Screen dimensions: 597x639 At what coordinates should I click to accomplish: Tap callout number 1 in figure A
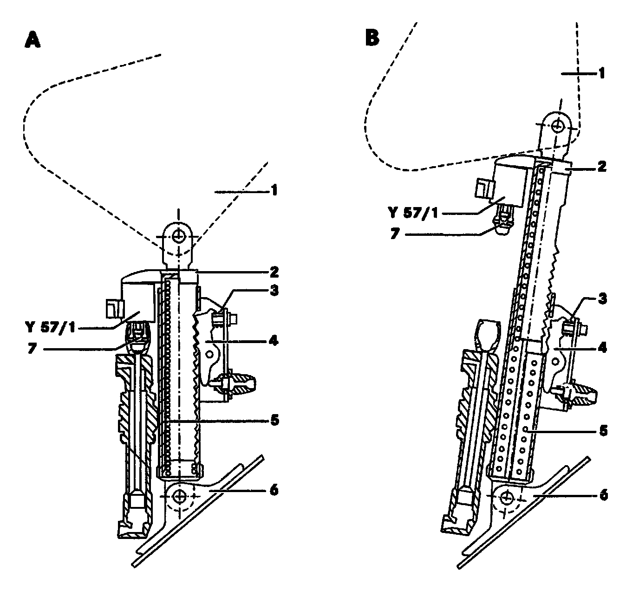coord(274,190)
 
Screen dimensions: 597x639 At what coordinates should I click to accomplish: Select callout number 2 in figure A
coord(274,271)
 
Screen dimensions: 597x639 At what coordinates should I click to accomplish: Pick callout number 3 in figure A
coord(274,291)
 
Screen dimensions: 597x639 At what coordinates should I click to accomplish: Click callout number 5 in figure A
coord(274,420)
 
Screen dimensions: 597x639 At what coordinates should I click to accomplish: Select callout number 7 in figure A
coord(31,349)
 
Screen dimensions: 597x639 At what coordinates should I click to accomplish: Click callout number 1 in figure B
coord(601,73)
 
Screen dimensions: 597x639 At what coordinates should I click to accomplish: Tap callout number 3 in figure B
coord(601,298)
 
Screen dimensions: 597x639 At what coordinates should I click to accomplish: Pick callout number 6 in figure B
coord(602,495)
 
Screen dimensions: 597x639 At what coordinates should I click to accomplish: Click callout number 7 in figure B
coord(394,234)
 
